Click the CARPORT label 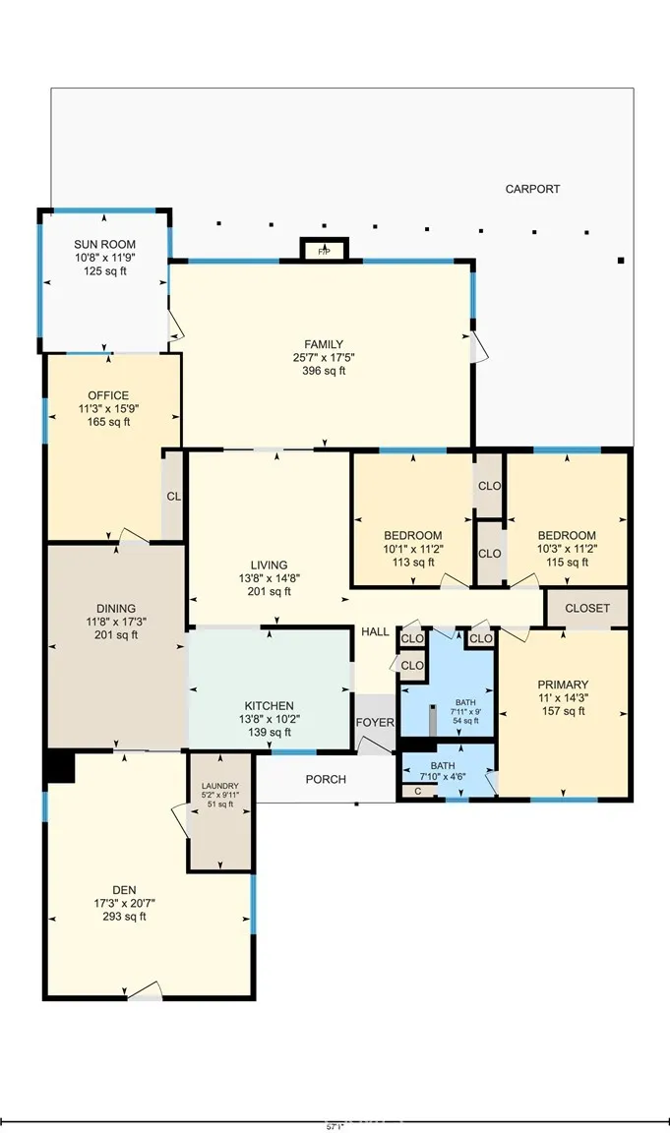coord(532,189)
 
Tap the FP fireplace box coord(324,252)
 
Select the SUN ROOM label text coord(104,244)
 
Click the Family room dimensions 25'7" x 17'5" coord(323,358)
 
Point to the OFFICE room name coord(108,395)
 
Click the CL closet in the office coord(173,497)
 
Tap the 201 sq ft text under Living coord(269,592)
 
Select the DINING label coord(116,608)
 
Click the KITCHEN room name coord(269,706)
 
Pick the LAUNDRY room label coord(220,786)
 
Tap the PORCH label coord(326,780)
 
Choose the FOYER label coord(375,723)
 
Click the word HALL coord(375,631)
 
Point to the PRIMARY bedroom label coord(563,685)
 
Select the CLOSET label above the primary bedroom coord(587,609)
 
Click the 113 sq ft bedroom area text coord(412,564)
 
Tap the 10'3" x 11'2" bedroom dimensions coord(567,550)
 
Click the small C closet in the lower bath coord(417,791)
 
